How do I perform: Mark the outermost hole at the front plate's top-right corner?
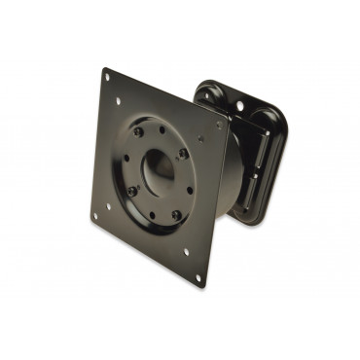pyautogui.click(x=218, y=125)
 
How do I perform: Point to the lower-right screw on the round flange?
pyautogui.click(x=176, y=214)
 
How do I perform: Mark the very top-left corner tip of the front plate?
pyautogui.click(x=103, y=68)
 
